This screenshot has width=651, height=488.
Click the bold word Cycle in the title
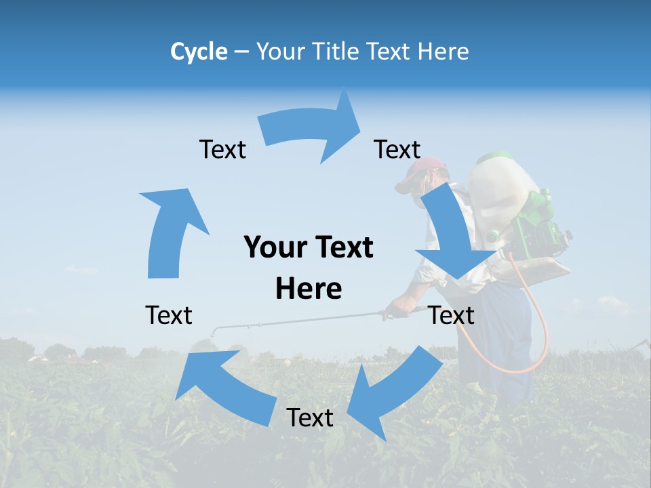pyautogui.click(x=199, y=52)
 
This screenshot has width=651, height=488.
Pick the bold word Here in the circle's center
pyautogui.click(x=309, y=289)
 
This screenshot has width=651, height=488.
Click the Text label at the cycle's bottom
pyautogui.click(x=310, y=418)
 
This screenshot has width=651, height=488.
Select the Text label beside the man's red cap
pyautogui.click(x=397, y=149)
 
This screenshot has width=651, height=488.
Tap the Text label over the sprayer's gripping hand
pyautogui.click(x=451, y=315)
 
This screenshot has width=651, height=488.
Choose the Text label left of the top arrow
pyautogui.click(x=222, y=149)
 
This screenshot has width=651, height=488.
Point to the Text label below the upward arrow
pyautogui.click(x=169, y=315)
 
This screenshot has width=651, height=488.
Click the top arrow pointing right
pyautogui.click(x=312, y=129)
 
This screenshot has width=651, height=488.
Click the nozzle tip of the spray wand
pyautogui.click(x=213, y=332)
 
